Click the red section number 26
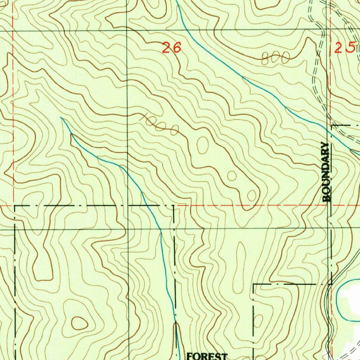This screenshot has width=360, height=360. click(x=172, y=47)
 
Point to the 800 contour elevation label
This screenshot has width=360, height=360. click(x=276, y=58)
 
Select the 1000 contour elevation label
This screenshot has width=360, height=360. click(x=159, y=124)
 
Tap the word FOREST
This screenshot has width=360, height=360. click(x=207, y=356)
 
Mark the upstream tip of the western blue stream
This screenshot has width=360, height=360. click(x=61, y=117)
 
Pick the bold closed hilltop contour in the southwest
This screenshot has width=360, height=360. click(x=79, y=323)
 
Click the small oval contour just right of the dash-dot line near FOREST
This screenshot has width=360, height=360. click(x=258, y=321)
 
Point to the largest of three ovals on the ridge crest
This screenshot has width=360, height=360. click(x=202, y=145)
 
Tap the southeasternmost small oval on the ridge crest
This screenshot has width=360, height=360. click(x=252, y=195)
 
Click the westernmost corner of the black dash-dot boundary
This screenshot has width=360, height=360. click(x=15, y=205)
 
